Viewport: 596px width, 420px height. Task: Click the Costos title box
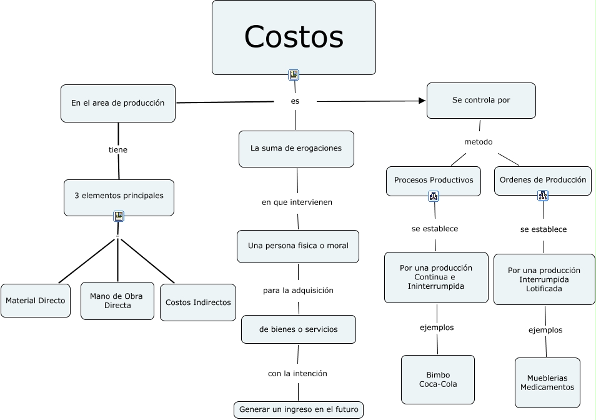294,37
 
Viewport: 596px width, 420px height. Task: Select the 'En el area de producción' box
117,103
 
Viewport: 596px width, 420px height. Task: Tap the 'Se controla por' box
480,100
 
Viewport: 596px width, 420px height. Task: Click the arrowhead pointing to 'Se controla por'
422,101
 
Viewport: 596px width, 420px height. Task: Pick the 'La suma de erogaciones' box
296,149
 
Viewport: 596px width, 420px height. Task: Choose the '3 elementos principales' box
119,196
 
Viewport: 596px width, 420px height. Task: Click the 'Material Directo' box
36,301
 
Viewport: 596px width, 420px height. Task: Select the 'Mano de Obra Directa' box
117,301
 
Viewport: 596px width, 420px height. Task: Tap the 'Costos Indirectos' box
198,302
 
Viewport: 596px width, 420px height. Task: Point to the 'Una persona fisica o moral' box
297,246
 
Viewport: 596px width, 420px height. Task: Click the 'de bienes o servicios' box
298,329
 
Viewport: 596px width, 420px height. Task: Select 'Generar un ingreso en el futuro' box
298,410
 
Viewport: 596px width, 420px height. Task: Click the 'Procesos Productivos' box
434,180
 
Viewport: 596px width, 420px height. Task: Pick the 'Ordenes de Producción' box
543,180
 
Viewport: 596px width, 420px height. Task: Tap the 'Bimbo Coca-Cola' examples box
438,379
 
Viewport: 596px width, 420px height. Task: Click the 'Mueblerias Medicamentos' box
547,382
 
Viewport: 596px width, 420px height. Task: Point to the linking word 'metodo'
479,142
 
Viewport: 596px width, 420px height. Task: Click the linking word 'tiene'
118,150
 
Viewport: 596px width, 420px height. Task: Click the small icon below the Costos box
294,76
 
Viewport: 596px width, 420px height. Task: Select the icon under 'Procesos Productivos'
434,196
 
